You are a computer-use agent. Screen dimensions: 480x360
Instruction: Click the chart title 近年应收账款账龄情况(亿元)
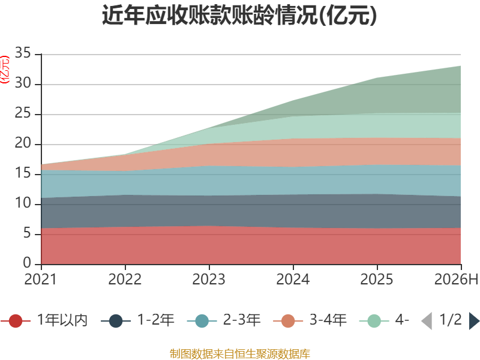pos(239,15)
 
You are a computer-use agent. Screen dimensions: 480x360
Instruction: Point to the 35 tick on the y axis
pos(23,53)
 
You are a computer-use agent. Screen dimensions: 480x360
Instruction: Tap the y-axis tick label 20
pos(23,143)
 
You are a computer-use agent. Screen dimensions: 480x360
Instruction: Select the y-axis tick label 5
pos(27,233)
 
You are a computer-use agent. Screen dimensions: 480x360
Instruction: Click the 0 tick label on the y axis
pos(27,263)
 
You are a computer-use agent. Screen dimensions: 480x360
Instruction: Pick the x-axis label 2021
pos(40,279)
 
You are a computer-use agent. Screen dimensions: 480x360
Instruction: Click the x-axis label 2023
pos(209,279)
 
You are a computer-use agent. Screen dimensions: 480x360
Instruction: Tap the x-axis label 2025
pos(377,279)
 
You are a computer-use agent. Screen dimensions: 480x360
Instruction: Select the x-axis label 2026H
pos(456,279)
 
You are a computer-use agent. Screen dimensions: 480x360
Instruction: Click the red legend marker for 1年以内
pos(16,320)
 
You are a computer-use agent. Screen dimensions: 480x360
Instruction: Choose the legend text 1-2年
pos(156,320)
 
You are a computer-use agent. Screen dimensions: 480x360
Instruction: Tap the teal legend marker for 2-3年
pos(202,320)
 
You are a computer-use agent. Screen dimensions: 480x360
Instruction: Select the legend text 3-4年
pos(328,320)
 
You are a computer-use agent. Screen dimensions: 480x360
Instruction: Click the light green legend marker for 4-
pos(374,320)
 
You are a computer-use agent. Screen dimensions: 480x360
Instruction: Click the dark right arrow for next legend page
pos(474,320)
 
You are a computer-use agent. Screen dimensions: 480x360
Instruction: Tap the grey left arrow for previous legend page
pos(427,320)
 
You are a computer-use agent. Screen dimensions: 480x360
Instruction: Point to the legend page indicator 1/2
pos(451,320)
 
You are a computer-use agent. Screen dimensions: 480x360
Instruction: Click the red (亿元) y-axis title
pos(5,69)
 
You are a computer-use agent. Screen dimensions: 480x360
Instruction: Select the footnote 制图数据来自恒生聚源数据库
pos(240,354)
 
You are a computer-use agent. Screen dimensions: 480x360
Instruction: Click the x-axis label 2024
pos(293,279)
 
